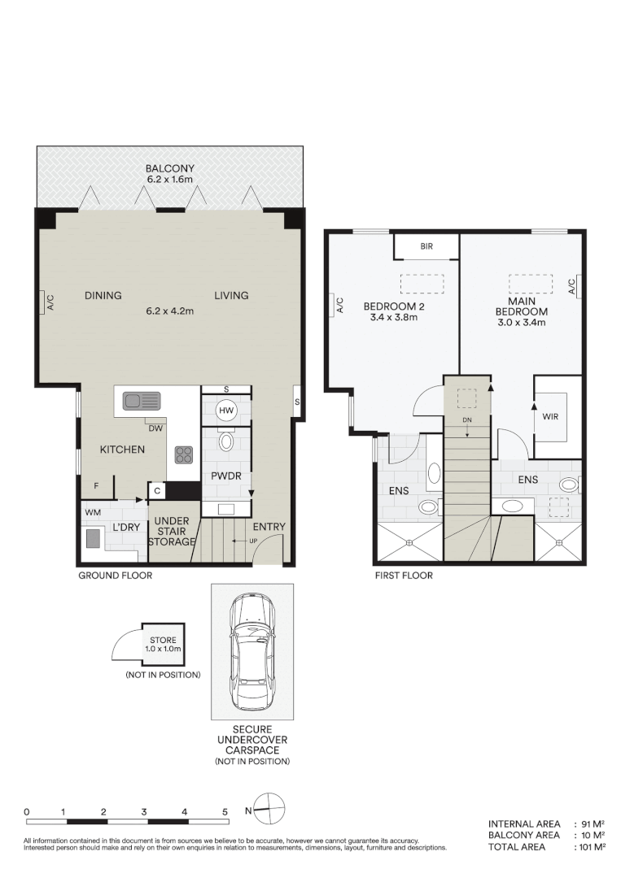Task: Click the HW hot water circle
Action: coord(225,411)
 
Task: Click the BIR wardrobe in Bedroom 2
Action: coord(426,246)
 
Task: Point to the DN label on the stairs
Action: coord(467,420)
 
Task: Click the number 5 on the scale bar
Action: coord(225,811)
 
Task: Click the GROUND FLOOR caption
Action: coord(115,576)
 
